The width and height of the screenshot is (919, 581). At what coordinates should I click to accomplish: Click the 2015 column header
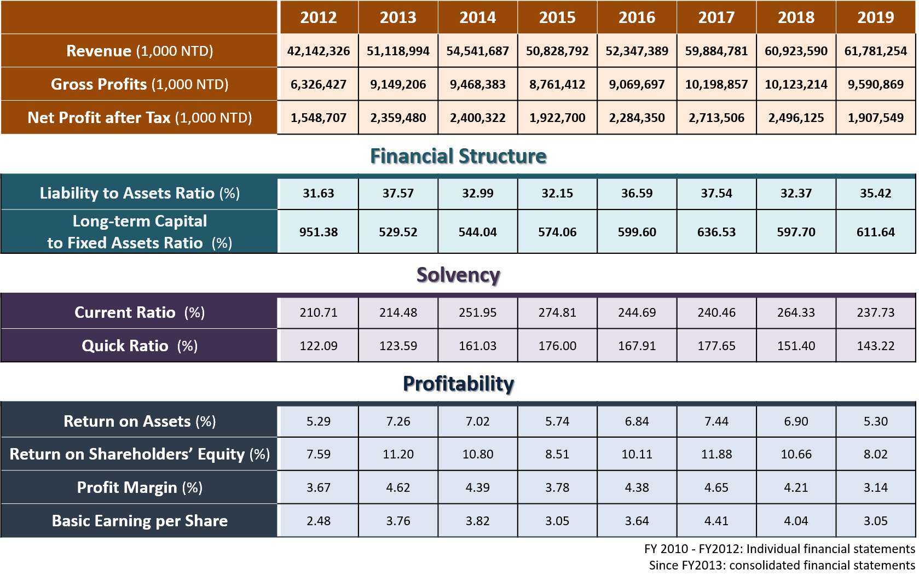[x=557, y=18]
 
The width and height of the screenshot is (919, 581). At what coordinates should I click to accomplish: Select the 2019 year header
[x=875, y=18]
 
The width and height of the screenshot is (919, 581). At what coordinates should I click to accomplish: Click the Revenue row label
[x=140, y=51]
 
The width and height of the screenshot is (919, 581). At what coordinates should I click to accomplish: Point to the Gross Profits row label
[x=140, y=84]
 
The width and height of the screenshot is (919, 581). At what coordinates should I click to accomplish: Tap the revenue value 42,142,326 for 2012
[x=319, y=51]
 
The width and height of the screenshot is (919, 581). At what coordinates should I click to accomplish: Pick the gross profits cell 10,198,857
[x=716, y=84]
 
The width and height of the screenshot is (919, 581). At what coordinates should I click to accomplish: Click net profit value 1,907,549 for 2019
[x=875, y=118]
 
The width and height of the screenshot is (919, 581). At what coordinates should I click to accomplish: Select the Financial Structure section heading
[x=458, y=156]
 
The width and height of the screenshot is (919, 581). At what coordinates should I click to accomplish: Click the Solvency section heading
[x=458, y=275]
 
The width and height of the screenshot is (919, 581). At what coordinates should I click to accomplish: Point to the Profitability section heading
[x=458, y=384]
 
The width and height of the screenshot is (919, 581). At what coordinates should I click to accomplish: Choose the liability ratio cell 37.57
[x=398, y=193]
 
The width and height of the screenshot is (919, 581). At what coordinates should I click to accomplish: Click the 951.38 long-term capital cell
[x=319, y=232]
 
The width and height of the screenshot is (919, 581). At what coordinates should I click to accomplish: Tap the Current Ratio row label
[x=140, y=312]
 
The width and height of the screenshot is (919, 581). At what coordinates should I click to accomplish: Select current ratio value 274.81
[x=557, y=312]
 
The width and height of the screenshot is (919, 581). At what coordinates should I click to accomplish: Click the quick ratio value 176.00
[x=557, y=346]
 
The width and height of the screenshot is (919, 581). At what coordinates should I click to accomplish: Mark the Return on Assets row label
[x=140, y=421]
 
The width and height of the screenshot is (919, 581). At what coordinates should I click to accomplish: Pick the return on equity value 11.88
[x=716, y=454]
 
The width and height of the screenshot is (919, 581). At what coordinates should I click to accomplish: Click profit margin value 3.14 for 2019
[x=875, y=487]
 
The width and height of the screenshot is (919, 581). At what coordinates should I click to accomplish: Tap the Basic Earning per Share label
[x=140, y=521]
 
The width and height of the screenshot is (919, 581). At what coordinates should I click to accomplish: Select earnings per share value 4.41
[x=716, y=521]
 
